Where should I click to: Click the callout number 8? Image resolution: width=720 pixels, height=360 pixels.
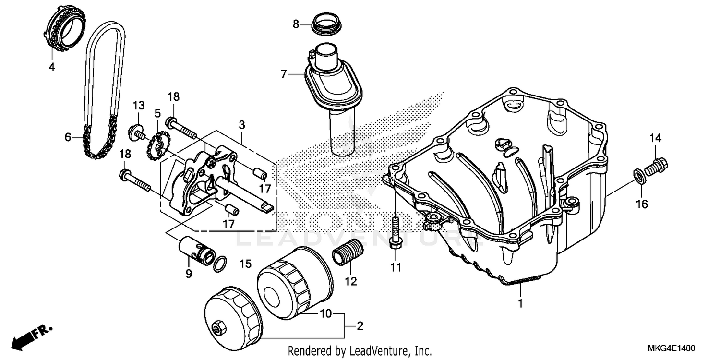[x=296, y=24]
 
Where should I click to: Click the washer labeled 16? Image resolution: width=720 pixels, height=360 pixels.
[x=638, y=176]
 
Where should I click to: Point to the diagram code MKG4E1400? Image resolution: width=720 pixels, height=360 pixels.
[x=672, y=348]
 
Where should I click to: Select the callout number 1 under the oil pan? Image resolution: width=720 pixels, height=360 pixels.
[x=520, y=303]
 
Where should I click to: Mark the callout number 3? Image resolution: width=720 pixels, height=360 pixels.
[x=242, y=125]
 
